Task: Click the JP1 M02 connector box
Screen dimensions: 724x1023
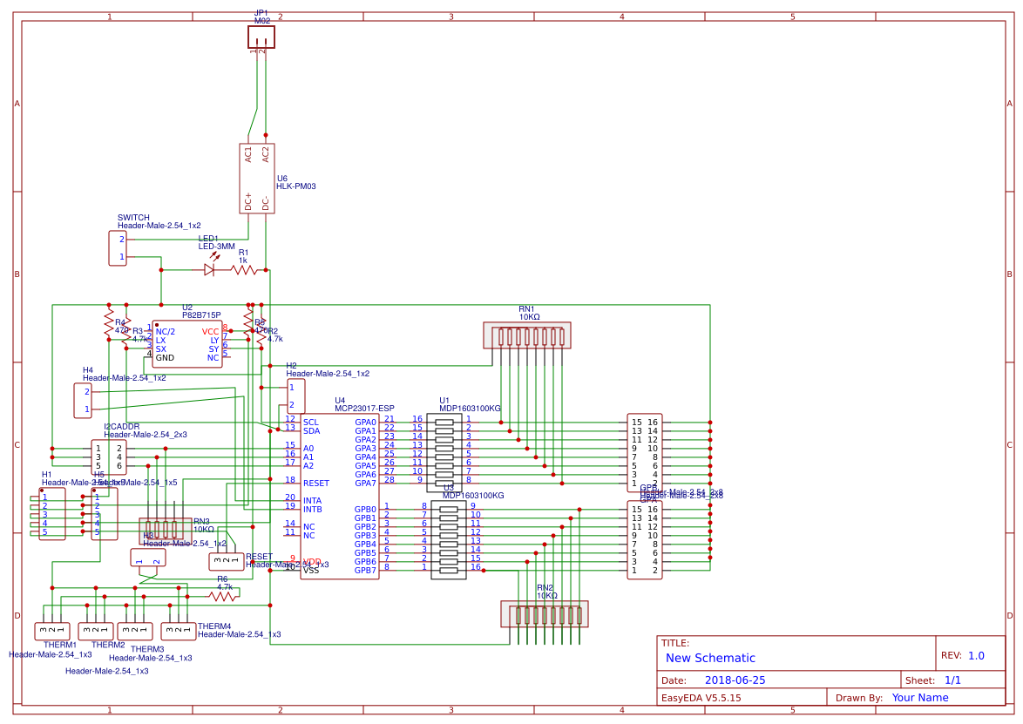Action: coord(261,37)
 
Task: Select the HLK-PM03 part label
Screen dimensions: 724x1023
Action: coord(295,186)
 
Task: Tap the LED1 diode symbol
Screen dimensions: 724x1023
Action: coord(209,270)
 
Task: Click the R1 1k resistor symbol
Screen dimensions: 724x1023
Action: coord(244,270)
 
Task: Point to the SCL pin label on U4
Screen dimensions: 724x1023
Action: coord(311,422)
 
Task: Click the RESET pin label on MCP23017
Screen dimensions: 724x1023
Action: coord(316,483)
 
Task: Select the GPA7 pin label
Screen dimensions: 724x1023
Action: coord(365,483)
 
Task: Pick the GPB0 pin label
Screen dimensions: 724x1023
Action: coord(365,509)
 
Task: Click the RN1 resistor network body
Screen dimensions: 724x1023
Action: coord(527,336)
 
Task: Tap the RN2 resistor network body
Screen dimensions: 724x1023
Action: coord(544,614)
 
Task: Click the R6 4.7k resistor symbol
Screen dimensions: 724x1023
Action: coord(223,597)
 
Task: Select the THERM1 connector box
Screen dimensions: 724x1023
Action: coord(51,631)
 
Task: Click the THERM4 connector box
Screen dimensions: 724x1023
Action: coord(179,631)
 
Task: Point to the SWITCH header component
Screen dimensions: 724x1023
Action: coord(118,248)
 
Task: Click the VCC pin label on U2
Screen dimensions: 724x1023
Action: coord(210,332)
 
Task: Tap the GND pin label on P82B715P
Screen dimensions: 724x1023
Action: coord(165,358)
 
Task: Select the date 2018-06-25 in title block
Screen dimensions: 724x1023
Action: coord(735,680)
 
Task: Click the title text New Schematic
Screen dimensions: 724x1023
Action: coord(710,659)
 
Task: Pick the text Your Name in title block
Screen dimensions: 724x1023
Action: coord(919,698)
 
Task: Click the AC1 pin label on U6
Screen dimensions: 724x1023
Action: coord(248,154)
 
